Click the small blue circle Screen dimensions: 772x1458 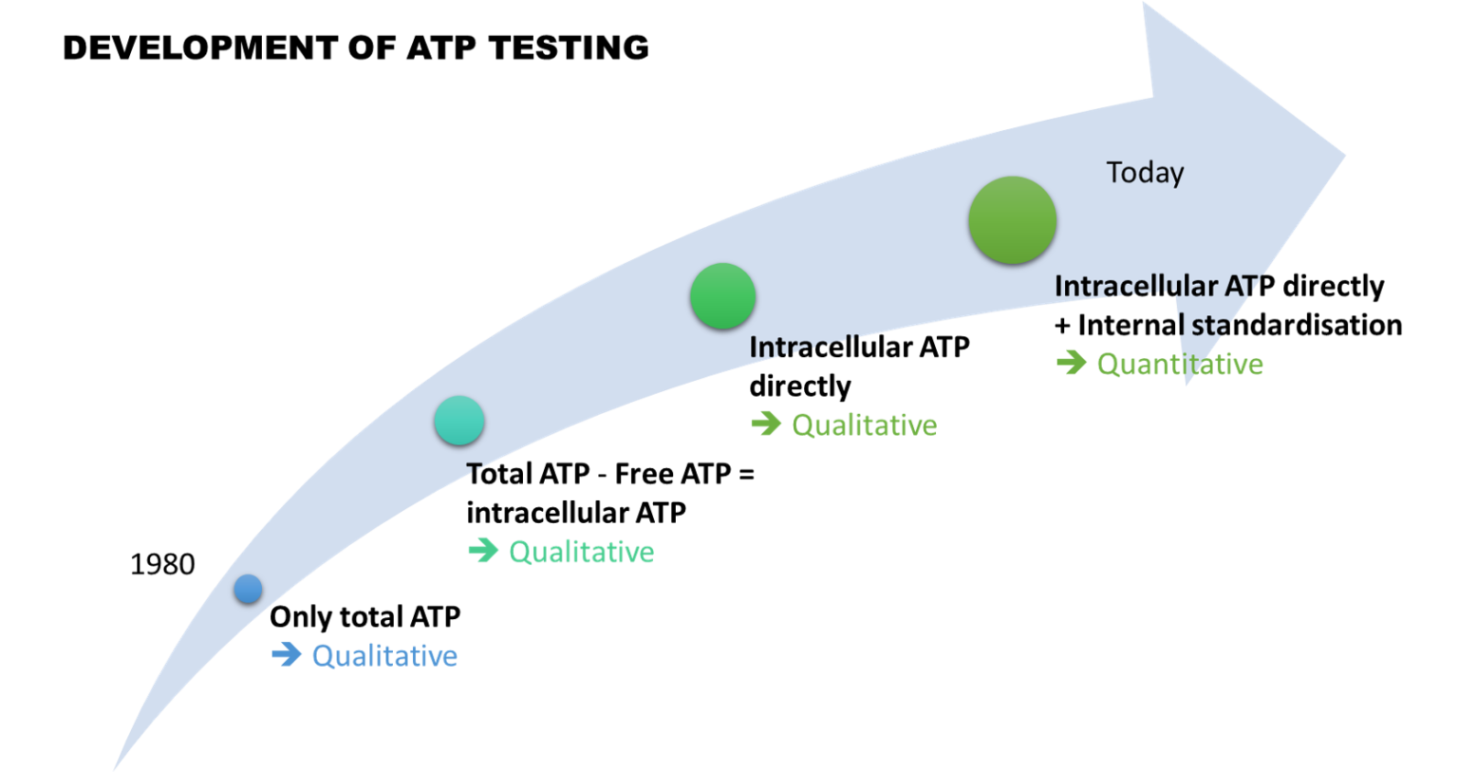point(248,589)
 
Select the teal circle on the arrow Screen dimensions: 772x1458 point(459,421)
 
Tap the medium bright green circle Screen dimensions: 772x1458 point(722,296)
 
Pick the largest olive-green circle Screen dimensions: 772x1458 point(1012,220)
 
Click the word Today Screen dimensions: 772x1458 point(1145,173)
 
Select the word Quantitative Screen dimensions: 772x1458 point(1180,365)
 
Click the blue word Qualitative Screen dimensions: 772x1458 point(384,655)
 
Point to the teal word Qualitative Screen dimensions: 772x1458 point(582,552)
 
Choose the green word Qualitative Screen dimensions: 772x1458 point(864,424)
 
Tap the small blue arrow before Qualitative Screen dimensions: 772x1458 point(286,654)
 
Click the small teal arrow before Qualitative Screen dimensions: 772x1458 point(483,550)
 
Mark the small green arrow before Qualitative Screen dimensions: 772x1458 point(765,424)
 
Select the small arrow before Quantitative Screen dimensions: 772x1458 point(1071,363)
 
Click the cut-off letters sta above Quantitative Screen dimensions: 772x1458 point(1212,325)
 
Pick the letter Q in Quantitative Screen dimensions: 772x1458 point(1108,365)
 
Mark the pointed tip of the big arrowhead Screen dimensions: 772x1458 point(1346,153)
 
